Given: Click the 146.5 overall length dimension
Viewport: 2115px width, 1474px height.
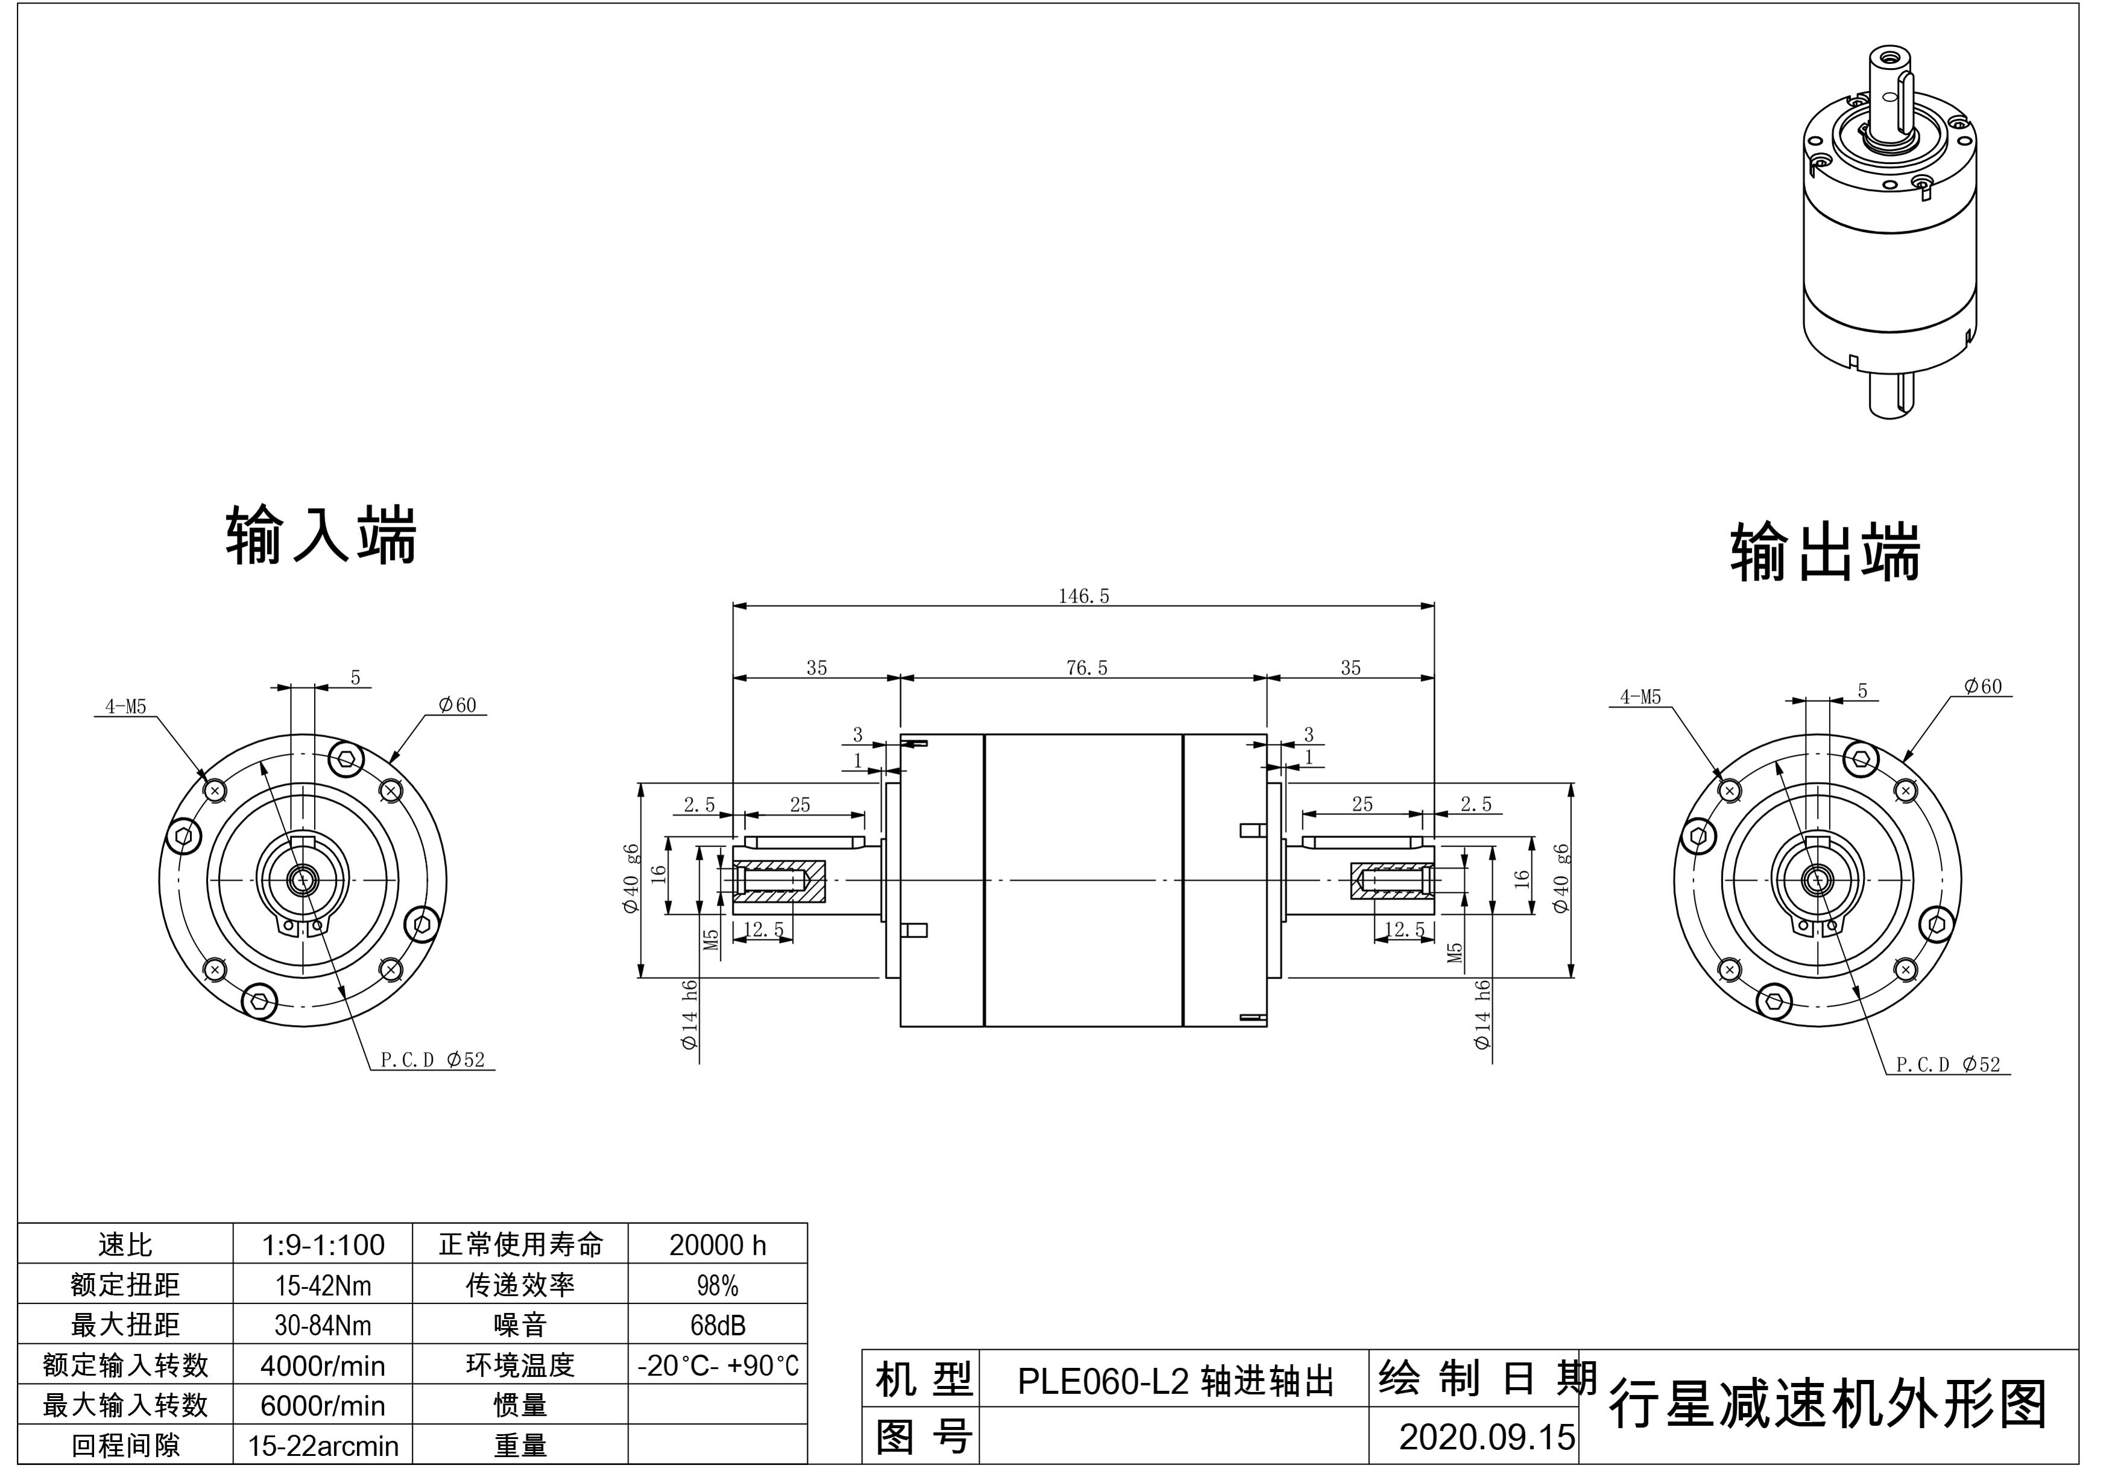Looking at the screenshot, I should (1083, 596).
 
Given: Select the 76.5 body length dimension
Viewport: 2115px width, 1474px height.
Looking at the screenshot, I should (1087, 668).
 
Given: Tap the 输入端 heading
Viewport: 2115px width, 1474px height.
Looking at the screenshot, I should (321, 534).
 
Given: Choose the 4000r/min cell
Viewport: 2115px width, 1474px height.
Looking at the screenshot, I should (323, 1365).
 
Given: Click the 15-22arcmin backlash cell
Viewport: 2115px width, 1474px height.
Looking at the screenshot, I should (323, 1446).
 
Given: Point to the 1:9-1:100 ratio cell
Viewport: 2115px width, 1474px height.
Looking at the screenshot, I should (323, 1246).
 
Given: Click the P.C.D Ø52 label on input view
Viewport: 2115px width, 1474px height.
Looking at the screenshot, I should (432, 1060).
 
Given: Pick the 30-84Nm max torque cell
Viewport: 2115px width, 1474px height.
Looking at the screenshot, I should (323, 1326).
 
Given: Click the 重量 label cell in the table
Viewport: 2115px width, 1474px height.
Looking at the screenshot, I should (520, 1446).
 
